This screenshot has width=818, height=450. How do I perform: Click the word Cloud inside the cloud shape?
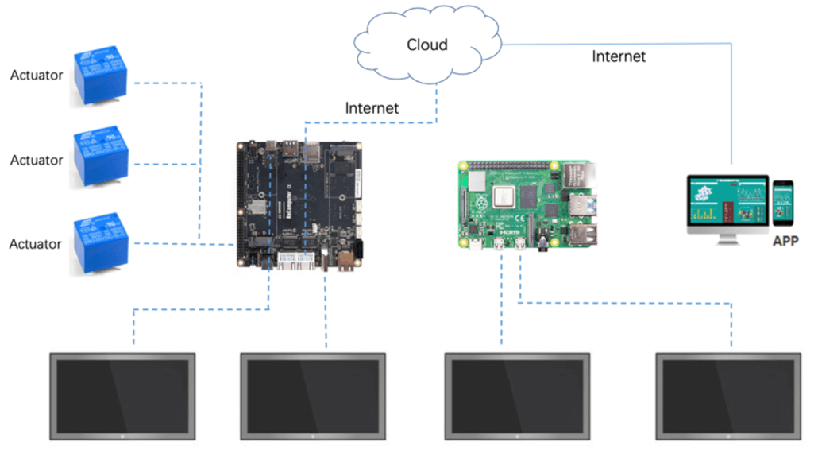(x=427, y=45)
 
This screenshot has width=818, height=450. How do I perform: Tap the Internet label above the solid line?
(x=619, y=56)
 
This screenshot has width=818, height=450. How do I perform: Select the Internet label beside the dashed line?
(x=372, y=107)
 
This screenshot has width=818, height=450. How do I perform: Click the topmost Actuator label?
(x=37, y=76)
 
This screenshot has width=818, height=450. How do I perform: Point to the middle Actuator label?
(x=37, y=160)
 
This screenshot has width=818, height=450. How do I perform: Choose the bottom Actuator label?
(x=36, y=244)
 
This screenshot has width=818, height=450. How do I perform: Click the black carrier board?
(x=300, y=204)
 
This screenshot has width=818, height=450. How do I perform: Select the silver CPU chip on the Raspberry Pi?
(x=505, y=196)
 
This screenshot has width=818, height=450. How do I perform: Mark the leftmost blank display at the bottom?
(x=122, y=394)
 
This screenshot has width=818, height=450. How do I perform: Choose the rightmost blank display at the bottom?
(x=727, y=394)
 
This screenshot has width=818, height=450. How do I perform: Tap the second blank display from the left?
(x=313, y=394)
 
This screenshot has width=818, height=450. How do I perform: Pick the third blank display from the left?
(x=517, y=394)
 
